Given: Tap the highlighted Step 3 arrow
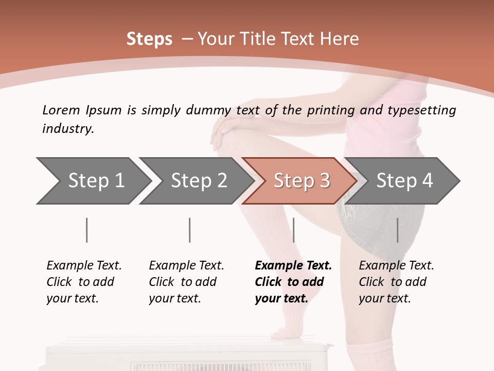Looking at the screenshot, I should coord(301,181).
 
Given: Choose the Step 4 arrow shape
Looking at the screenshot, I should coord(404,181).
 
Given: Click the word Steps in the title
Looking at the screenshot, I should coord(149,39).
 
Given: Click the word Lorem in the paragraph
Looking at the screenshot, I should coord(61,110).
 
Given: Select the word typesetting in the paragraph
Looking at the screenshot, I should coord(425,110).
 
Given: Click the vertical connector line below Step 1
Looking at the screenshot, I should coord(87,230).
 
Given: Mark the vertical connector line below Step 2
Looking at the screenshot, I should coord(190,230).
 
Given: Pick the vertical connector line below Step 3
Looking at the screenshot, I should coord(293,230).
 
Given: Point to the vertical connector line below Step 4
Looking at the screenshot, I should coord(397,230).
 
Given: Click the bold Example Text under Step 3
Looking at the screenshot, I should coord(293,265).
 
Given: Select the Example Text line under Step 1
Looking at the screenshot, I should coord(84,265).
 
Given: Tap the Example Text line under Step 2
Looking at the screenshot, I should coord(186,265).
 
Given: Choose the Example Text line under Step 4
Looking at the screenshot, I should coord(396,265).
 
